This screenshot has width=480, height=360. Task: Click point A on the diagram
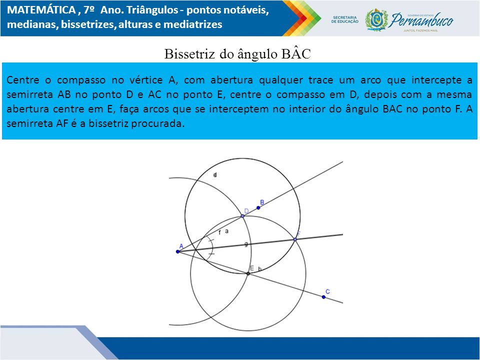(178, 251)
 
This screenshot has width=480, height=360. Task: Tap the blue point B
(258, 208)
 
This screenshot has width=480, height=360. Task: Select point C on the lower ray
(323, 297)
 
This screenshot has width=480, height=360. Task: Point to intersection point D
(242, 216)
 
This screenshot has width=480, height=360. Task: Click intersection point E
(248, 273)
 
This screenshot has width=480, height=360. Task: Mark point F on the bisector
(295, 239)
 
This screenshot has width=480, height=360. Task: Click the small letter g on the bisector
(246, 244)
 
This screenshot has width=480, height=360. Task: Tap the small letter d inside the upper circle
(215, 175)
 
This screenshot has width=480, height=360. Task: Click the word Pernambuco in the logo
(422, 20)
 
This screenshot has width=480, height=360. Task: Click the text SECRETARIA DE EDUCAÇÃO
(344, 19)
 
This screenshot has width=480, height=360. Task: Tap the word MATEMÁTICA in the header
(41, 10)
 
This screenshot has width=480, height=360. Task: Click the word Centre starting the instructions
(23, 80)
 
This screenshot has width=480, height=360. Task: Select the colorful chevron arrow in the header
(301, 18)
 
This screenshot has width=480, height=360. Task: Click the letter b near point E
(259, 269)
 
